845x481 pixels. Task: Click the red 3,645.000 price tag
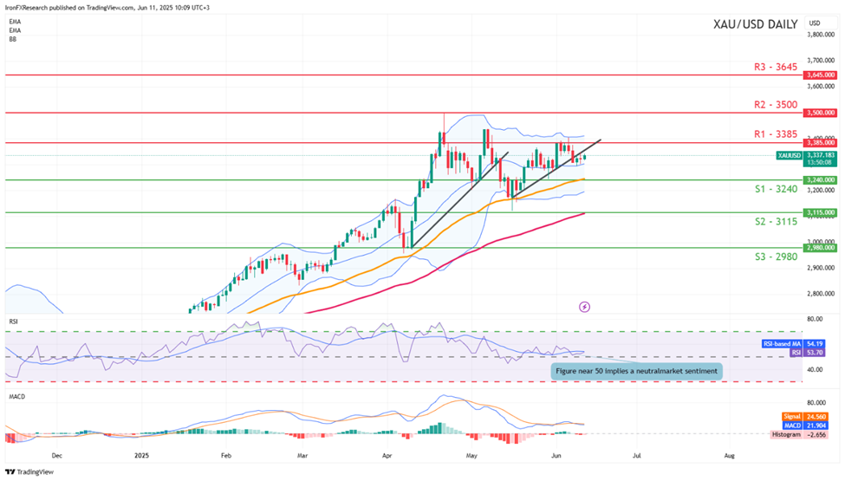tap(819, 75)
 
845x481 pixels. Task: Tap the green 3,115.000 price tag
tap(819, 212)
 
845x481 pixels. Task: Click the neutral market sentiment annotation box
tap(636, 371)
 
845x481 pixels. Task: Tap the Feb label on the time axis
tap(227, 454)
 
